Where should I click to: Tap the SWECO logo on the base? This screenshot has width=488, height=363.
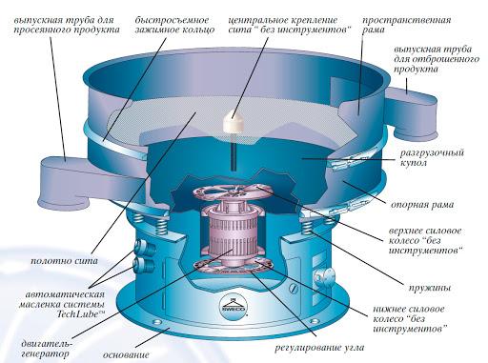(234, 306)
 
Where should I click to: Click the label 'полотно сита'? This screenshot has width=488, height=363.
(65, 261)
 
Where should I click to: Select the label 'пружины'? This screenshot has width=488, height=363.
(430, 288)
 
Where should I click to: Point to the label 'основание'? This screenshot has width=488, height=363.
(126, 354)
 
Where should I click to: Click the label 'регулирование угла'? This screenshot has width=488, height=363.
(319, 348)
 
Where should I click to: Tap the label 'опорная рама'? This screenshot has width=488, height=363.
(422, 205)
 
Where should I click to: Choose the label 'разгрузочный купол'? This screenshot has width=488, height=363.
(432, 157)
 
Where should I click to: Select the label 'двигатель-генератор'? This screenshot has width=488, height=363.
(47, 349)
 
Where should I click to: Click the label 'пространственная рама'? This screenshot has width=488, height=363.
(406, 25)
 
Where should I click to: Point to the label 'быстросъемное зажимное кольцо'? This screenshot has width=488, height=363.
(174, 25)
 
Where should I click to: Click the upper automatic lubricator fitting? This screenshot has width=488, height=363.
(143, 246)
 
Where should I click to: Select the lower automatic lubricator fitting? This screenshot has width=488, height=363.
(142, 265)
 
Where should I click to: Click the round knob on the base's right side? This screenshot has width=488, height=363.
(324, 276)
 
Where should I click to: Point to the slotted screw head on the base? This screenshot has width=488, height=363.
(295, 289)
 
